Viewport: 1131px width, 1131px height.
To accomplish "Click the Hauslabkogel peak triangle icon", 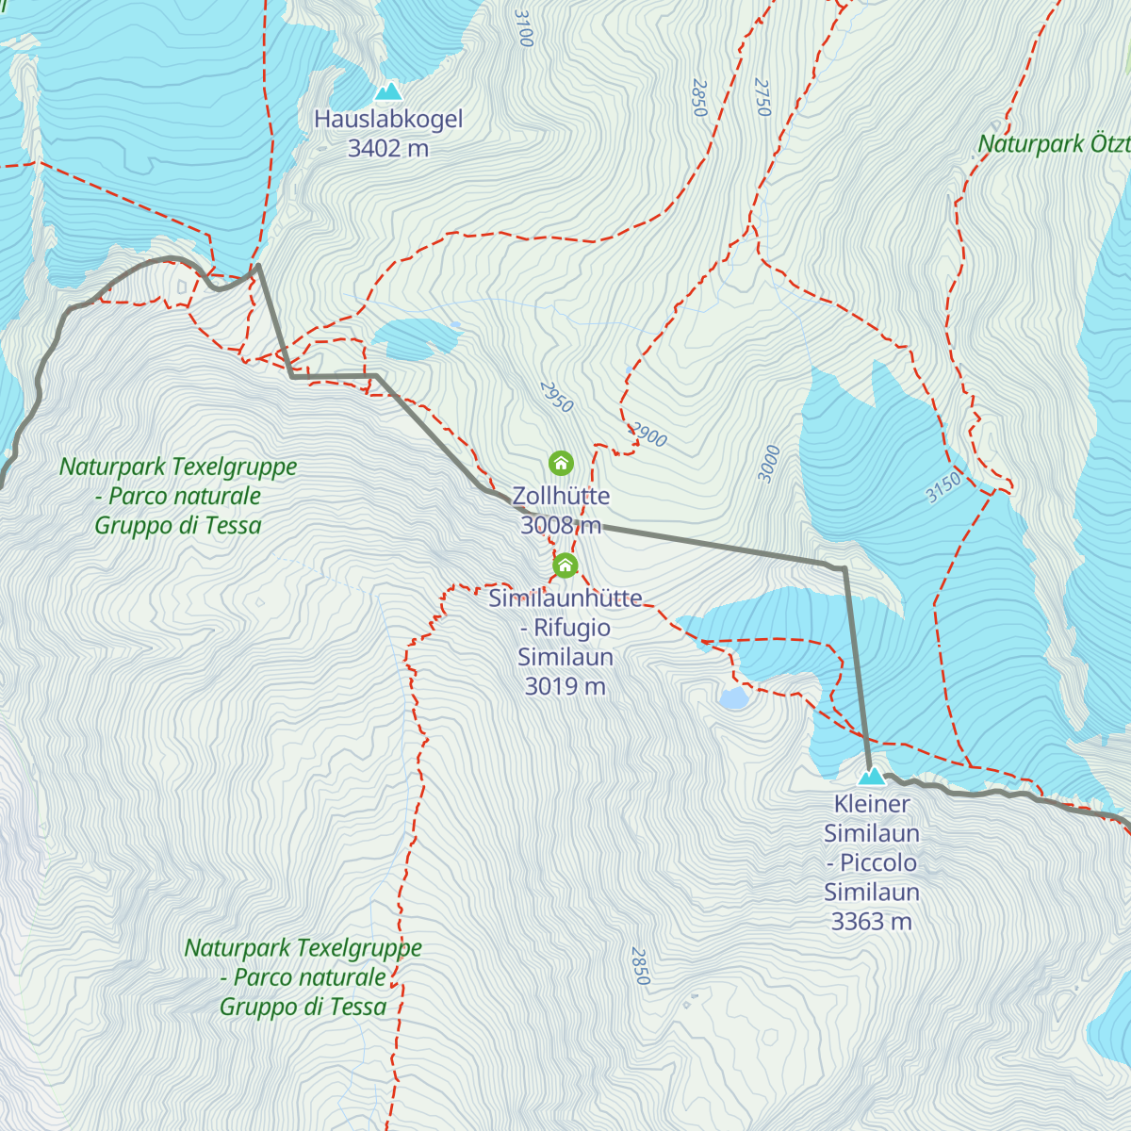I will click(388, 91).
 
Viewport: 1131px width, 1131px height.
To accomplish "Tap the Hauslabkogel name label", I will click(388, 120).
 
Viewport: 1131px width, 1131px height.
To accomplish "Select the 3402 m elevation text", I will click(388, 148).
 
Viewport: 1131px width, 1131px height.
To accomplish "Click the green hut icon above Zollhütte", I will click(561, 463).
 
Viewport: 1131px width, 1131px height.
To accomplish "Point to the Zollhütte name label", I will click(561, 496).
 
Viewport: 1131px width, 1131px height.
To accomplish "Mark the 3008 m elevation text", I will click(561, 525).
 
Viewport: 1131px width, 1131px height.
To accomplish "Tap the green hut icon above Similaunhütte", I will click(565, 565).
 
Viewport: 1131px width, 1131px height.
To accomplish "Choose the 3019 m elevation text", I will click(565, 686).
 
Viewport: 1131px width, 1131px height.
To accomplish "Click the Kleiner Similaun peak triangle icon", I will click(872, 777).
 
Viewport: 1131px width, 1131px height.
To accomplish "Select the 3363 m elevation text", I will click(872, 921).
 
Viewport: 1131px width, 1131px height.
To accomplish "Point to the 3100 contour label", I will click(525, 28).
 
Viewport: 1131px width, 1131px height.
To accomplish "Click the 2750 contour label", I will click(762, 97).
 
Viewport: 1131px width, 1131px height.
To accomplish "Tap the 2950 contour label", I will click(556, 397).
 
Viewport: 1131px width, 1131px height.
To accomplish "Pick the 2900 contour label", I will click(648, 434).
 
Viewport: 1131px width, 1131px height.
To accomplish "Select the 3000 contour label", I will click(770, 463).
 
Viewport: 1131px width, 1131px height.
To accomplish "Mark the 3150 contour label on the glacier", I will click(942, 487).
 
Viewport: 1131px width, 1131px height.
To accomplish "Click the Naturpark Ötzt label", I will click(1054, 144).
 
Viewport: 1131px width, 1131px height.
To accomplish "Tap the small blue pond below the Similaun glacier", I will click(732, 698).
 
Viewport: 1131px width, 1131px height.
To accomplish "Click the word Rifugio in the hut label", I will click(571, 628).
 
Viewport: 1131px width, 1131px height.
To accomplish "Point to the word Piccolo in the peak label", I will click(877, 862).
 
